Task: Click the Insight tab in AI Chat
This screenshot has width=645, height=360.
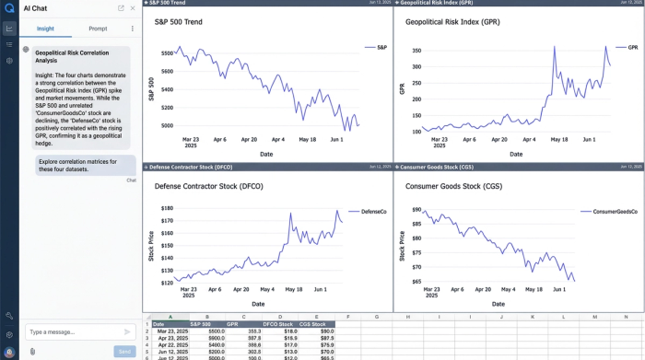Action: pyautogui.click(x=45, y=29)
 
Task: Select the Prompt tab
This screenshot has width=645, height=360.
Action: pyautogui.click(x=98, y=29)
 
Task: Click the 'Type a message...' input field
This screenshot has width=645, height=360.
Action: pyautogui.click(x=72, y=331)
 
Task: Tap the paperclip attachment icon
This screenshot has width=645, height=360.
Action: pyautogui.click(x=32, y=351)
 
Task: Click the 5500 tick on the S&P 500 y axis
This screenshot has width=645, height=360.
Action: pyautogui.click(x=166, y=53)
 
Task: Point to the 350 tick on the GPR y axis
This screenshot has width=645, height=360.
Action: pyautogui.click(x=414, y=47)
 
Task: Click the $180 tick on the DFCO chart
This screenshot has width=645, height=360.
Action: pyautogui.click(x=166, y=208)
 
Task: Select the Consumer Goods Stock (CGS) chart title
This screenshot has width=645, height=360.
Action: pyautogui.click(x=453, y=186)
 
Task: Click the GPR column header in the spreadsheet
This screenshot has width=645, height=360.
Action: pyautogui.click(x=232, y=324)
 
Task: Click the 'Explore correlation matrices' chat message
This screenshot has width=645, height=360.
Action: pyautogui.click(x=77, y=165)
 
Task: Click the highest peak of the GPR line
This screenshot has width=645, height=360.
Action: pyautogui.click(x=605, y=47)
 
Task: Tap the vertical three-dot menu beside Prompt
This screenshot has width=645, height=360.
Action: pyautogui.click(x=132, y=29)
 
